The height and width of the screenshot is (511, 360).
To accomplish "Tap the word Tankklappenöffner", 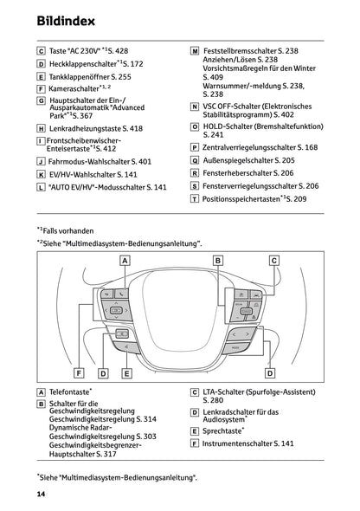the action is coord(78,76).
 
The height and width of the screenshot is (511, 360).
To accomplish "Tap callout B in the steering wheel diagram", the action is coord(218,260).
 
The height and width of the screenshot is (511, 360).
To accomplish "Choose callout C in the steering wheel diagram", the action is coord(273,260).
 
